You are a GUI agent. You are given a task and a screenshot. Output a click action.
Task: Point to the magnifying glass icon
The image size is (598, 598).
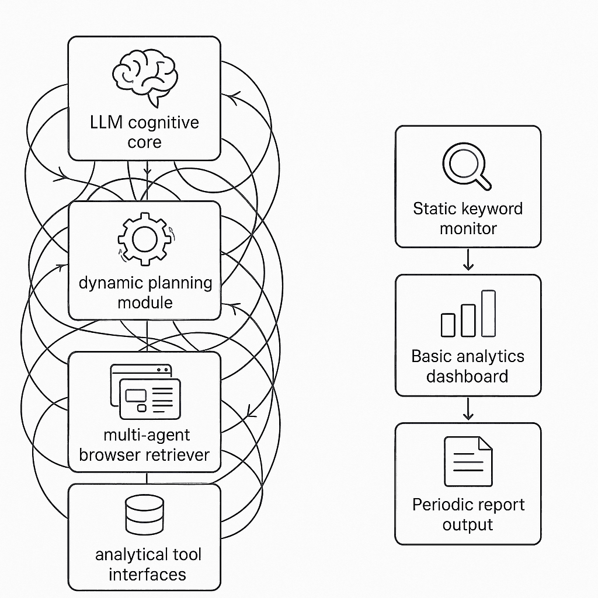point(467,166)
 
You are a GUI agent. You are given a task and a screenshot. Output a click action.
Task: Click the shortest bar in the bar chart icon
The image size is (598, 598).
point(448,325)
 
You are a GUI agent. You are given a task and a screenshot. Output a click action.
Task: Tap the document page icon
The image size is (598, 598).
point(468,461)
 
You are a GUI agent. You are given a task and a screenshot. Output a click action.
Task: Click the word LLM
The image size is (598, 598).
point(107,123)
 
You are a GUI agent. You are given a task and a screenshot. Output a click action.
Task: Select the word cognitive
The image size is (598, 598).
point(163,123)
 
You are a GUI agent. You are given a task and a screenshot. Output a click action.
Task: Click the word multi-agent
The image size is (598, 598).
point(146,435)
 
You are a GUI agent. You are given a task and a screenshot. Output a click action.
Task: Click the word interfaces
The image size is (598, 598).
point(147,574)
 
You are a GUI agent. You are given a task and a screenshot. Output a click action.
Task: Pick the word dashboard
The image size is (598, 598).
point(467,376)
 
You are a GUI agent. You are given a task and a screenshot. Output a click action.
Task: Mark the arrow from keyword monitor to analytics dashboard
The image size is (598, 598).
point(468,260)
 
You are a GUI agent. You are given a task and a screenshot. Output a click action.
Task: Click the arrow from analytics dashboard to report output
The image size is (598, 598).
point(468,409)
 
